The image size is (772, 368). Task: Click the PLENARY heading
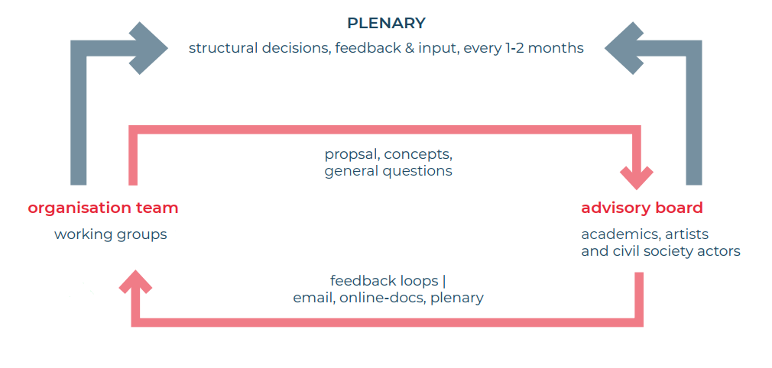point(386,23)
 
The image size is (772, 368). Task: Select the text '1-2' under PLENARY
point(516,48)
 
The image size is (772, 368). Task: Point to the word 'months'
point(558,48)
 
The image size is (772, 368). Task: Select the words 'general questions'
point(388,171)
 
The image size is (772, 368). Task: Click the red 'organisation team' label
point(103,208)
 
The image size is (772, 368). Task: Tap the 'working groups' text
point(111,234)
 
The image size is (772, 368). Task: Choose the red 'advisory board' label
point(642,208)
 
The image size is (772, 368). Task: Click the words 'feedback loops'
point(384,281)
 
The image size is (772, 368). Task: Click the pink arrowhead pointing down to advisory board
point(637,179)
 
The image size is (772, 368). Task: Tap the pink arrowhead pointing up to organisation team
point(136,282)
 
